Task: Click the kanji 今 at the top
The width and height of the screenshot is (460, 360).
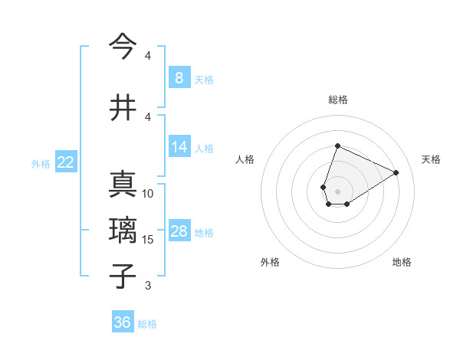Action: pos(123,47)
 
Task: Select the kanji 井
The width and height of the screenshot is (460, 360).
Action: pos(123,108)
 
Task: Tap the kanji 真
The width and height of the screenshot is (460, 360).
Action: pos(123,185)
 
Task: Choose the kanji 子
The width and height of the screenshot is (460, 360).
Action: pos(123,276)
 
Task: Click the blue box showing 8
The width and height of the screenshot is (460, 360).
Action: pos(179,78)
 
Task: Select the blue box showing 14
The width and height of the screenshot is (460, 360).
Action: pos(179,147)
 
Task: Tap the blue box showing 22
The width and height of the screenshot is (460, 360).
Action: pos(66,162)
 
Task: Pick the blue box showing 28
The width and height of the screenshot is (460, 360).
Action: pos(179,231)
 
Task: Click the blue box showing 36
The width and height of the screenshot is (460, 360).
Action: pos(123,322)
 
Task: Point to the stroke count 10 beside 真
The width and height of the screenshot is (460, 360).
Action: pos(148,194)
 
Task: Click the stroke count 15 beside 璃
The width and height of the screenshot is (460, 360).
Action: pos(148,240)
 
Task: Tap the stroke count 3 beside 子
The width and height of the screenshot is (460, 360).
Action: pos(148,286)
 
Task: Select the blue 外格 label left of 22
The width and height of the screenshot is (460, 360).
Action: pos(41,163)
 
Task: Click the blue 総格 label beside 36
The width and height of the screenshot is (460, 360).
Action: pos(147,324)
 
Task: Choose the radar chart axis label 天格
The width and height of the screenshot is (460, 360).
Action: pos(431,159)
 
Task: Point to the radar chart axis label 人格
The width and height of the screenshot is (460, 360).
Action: pos(245,159)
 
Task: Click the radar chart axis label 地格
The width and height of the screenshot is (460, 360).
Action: pos(402,262)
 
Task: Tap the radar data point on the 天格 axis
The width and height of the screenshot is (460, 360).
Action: pos(396,172)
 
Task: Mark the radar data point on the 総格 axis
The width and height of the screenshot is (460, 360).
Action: pos(337,146)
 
